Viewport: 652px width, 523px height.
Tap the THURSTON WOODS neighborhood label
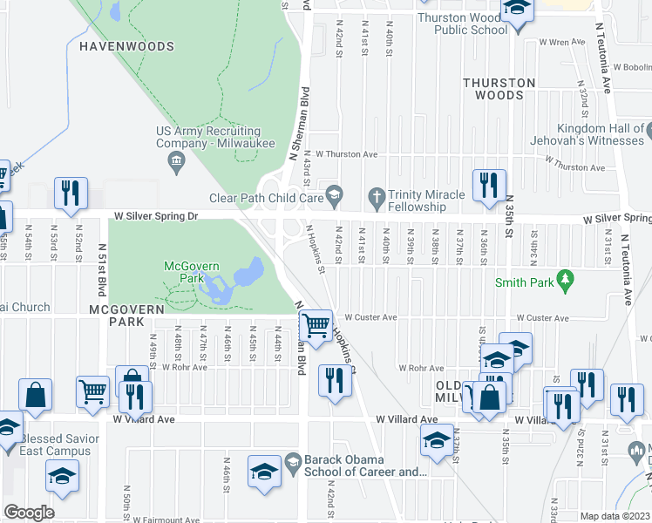[499, 89]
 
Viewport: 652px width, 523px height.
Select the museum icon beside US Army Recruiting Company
[176, 160]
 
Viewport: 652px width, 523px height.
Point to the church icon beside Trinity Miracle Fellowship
[377, 197]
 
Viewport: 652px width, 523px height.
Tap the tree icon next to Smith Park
[567, 280]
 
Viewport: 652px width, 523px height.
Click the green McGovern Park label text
[184, 271]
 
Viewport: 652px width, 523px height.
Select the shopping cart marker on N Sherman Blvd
[316, 327]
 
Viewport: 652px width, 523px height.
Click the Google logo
[29, 513]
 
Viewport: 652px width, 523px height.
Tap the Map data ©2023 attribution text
[615, 516]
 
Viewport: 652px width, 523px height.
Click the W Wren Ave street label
[561, 41]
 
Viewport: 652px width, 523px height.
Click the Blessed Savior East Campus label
[55, 445]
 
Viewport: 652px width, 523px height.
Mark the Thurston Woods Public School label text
[462, 24]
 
